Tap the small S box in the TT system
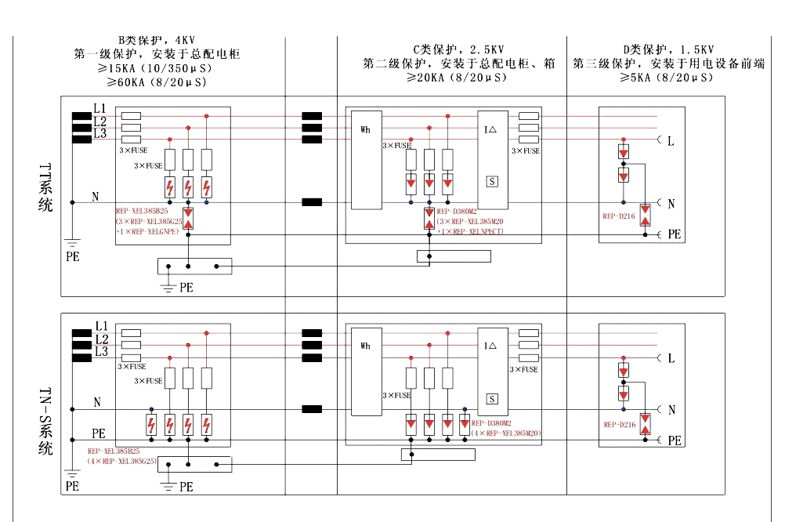(492, 181)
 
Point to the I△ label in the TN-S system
(490, 346)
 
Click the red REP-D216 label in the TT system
(619, 216)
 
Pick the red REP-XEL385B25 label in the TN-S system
(114, 451)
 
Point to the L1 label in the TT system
(100, 107)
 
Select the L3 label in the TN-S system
(100, 352)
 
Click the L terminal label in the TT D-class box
(671, 141)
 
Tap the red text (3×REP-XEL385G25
(148, 222)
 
